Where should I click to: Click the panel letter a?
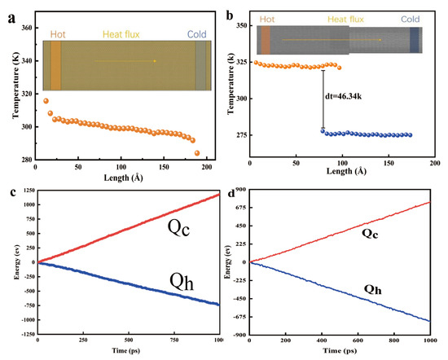tap(7, 11)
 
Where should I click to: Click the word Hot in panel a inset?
tap(58, 34)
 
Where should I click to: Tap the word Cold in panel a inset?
tap(197, 34)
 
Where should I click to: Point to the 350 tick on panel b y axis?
tap(241, 26)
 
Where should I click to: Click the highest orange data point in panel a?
tap(46, 101)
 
